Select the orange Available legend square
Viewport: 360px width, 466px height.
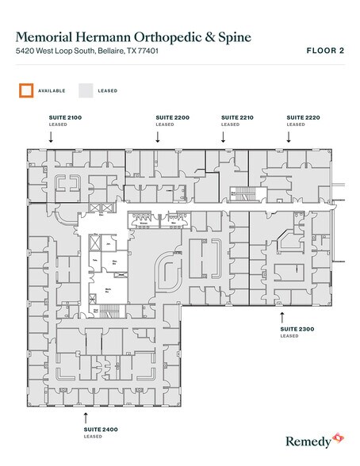(27, 90)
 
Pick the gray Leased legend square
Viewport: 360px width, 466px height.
(85, 90)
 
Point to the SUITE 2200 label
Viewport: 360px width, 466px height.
(172, 117)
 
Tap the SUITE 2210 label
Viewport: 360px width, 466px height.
(237, 117)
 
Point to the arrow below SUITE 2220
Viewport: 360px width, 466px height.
(266, 136)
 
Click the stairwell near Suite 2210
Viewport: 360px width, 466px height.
(239, 192)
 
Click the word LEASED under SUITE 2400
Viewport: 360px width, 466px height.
(93, 437)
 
